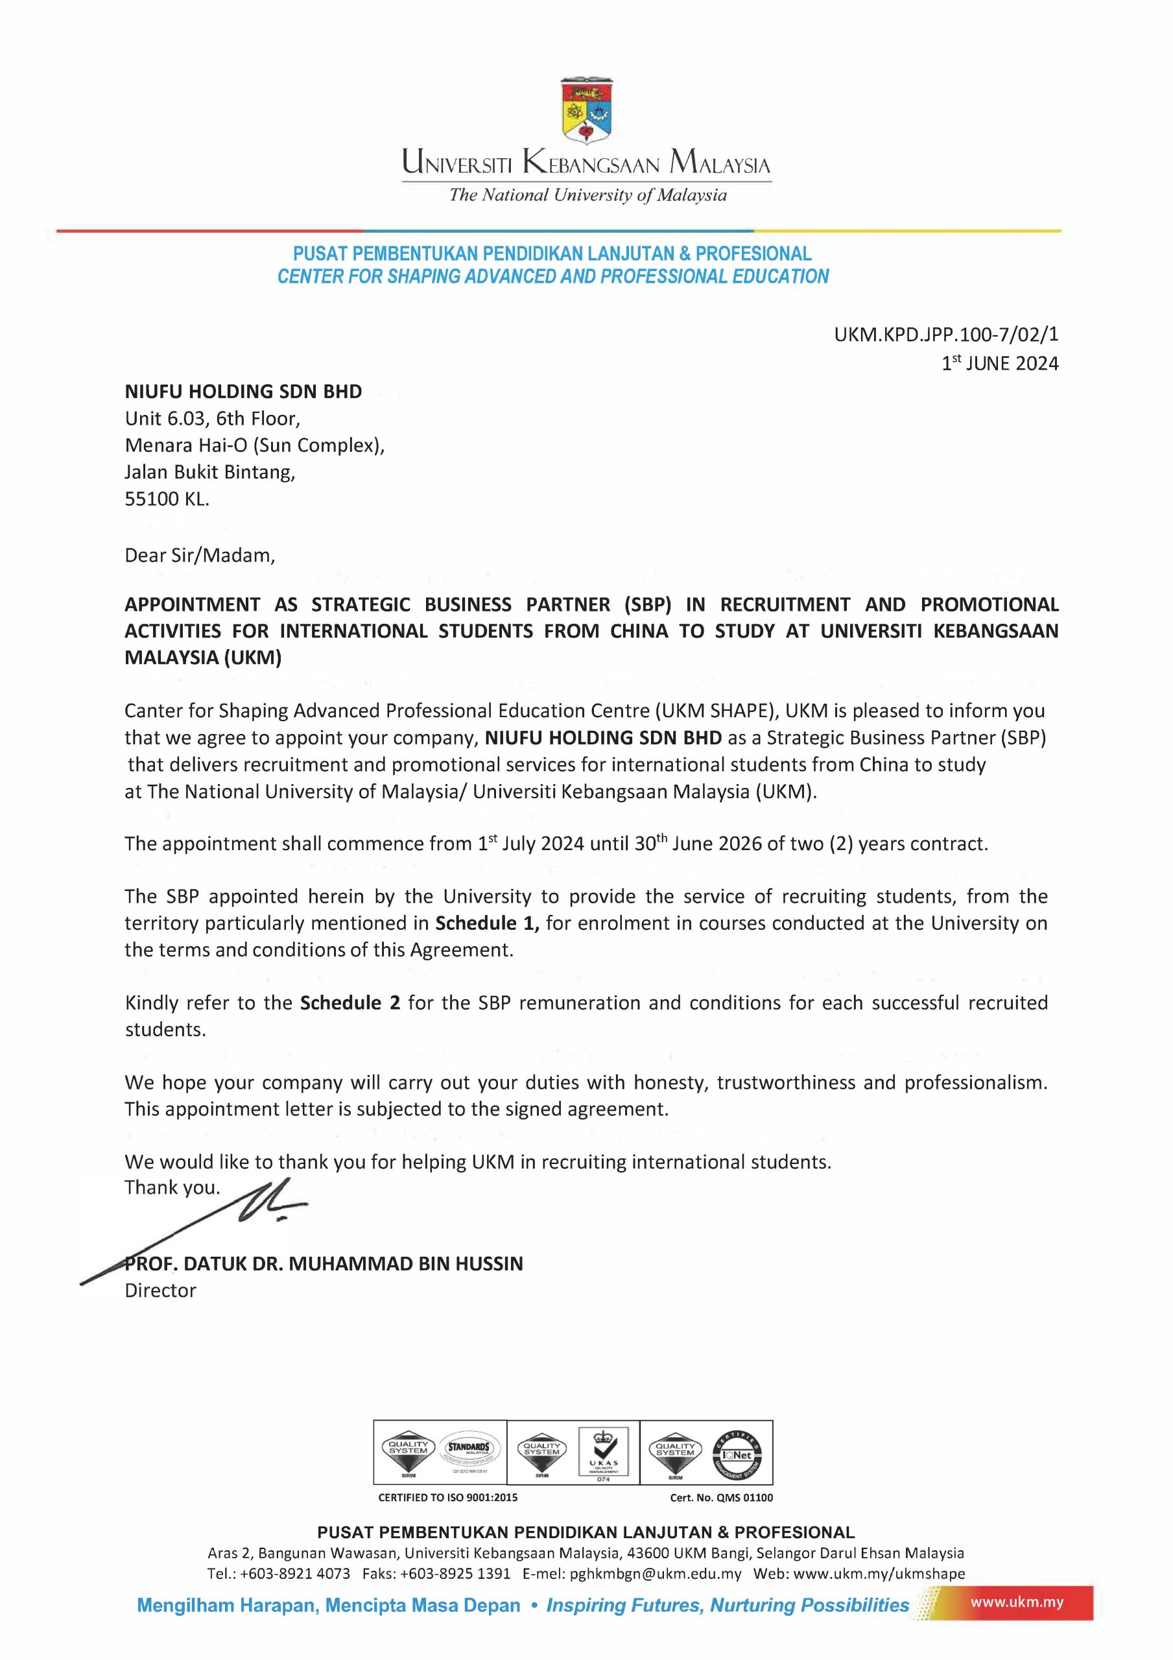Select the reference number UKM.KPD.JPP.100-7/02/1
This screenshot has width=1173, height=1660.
[x=946, y=334]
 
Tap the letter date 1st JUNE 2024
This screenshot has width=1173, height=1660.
[x=999, y=363]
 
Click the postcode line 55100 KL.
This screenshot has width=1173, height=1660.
[x=167, y=499]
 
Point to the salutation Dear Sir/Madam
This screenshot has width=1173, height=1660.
[x=200, y=555]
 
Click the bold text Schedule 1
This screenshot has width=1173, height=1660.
[x=487, y=923]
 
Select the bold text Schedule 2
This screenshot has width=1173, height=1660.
[x=350, y=1002]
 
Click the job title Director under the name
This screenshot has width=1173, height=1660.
[x=161, y=1290]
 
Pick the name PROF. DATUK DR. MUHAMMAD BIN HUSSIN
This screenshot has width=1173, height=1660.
[x=324, y=1264]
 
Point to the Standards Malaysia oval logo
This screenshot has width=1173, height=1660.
[x=468, y=1451]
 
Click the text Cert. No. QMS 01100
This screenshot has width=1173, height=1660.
[x=721, y=1497]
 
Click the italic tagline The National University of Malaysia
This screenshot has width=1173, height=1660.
[x=587, y=195]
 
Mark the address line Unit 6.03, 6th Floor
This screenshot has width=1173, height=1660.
[x=212, y=419]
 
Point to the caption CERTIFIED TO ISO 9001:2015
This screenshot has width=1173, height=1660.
[x=447, y=1497]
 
